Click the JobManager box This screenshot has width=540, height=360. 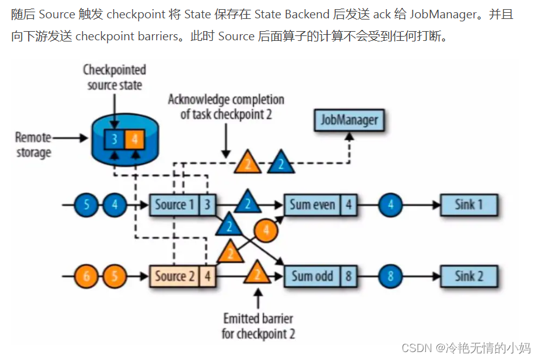click(x=350, y=120)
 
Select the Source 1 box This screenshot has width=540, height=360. click(x=175, y=205)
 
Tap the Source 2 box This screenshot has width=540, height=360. click(x=175, y=276)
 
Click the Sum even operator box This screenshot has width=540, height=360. click(x=312, y=205)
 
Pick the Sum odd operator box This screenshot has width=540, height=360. click(x=312, y=276)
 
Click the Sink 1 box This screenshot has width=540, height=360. click(x=469, y=205)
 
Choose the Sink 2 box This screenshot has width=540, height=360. click(x=469, y=276)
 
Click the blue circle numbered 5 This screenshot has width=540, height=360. click(x=87, y=205)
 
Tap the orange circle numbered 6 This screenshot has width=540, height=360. click(x=87, y=276)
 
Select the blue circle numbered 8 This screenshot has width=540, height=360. click(x=391, y=276)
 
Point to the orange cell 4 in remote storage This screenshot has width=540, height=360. click(x=134, y=139)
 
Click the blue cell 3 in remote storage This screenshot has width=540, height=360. click(x=114, y=139)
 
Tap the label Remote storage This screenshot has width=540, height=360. click(x=34, y=144)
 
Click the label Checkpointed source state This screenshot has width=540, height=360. click(x=115, y=77)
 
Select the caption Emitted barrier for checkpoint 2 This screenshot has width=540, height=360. click(x=258, y=326)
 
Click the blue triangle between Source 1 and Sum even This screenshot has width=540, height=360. click(x=247, y=202)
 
